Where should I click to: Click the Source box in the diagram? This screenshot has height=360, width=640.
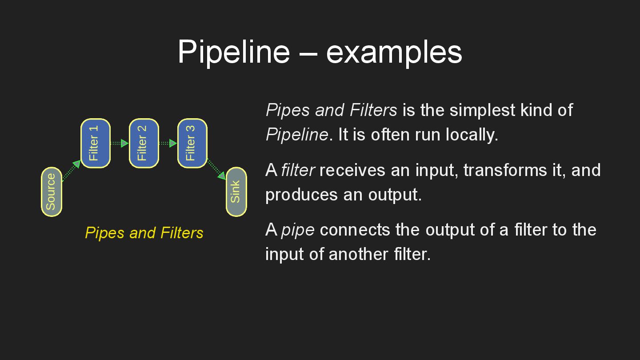(x=52, y=192)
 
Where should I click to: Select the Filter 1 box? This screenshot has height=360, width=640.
(x=95, y=143)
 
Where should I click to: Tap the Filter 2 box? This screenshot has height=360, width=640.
(x=144, y=143)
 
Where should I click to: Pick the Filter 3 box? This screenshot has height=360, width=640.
(x=192, y=143)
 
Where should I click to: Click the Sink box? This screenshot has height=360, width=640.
(x=236, y=192)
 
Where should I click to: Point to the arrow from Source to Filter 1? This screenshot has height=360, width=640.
(x=71, y=171)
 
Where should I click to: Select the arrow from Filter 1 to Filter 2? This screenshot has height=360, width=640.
(x=119, y=143)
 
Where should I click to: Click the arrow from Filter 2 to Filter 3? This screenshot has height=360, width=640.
(x=168, y=143)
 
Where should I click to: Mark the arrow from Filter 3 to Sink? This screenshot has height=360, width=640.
(x=216, y=169)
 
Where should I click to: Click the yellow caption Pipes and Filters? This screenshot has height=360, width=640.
(x=144, y=232)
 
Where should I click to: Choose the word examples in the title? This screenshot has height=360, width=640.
(x=394, y=52)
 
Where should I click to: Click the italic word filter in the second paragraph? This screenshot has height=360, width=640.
(x=298, y=170)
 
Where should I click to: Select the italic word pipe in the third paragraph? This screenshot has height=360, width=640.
(x=298, y=230)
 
